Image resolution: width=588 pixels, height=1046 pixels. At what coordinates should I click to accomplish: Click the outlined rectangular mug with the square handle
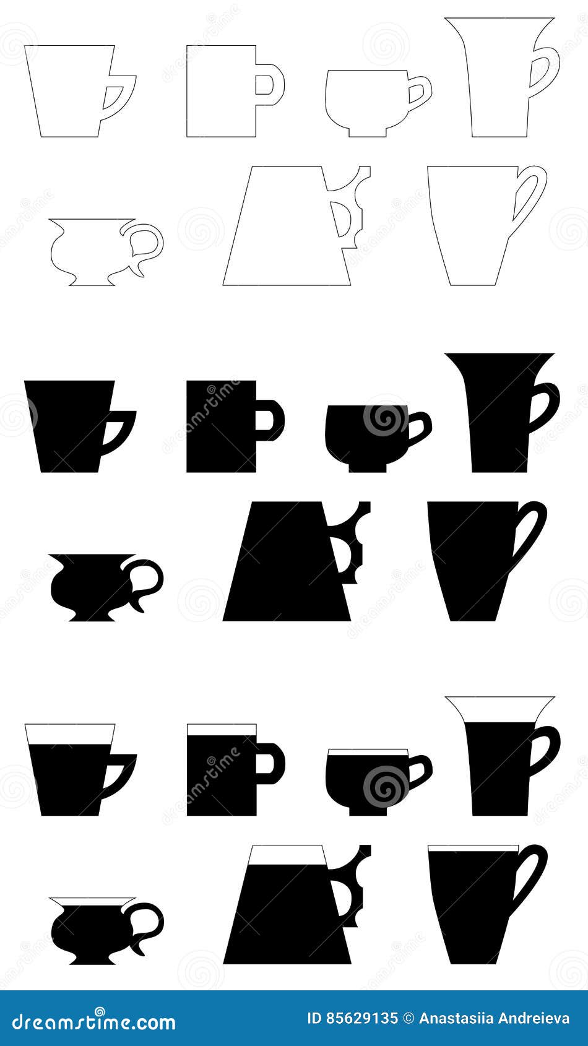coord(222,91)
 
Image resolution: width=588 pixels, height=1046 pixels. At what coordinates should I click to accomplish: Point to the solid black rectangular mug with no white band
coord(222,426)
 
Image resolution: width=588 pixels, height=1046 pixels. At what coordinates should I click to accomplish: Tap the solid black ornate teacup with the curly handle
coord(93,585)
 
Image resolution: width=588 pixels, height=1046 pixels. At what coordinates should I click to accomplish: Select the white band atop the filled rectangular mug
coord(222,730)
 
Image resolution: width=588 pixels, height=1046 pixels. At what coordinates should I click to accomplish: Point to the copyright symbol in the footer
coord(408,1018)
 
